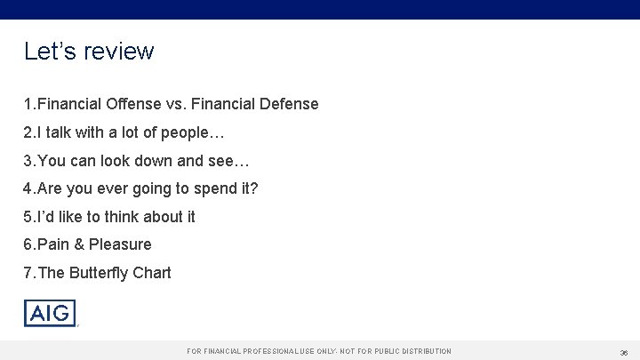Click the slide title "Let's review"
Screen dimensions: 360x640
click(89, 52)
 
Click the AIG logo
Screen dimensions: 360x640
click(50, 313)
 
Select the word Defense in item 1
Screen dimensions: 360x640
click(287, 105)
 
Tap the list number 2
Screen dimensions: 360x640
click(28, 132)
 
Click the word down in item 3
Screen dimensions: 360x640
click(166, 161)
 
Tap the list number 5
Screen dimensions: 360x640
click(28, 216)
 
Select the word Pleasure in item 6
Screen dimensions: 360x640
click(120, 244)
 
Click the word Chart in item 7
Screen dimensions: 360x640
click(152, 272)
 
